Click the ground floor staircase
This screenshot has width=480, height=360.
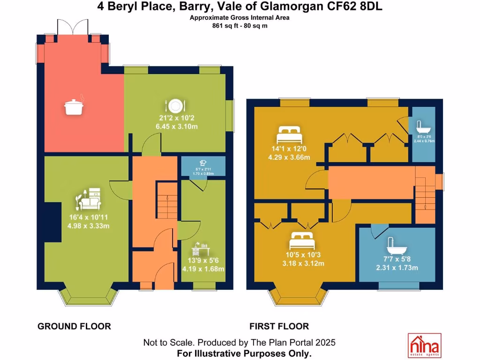click(166, 202)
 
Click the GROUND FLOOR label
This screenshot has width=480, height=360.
click(74, 326)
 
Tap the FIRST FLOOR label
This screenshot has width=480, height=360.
click(279, 326)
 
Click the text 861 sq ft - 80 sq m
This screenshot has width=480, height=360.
click(240, 26)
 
